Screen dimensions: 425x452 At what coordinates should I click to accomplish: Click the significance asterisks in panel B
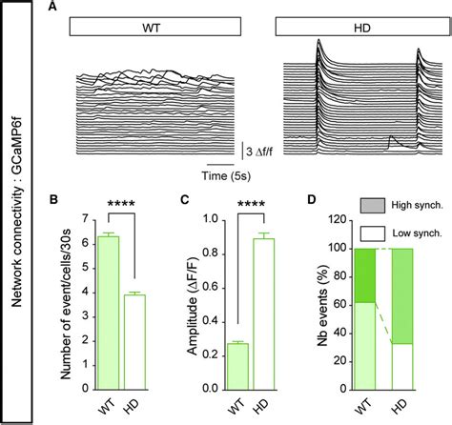click(x=122, y=204)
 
